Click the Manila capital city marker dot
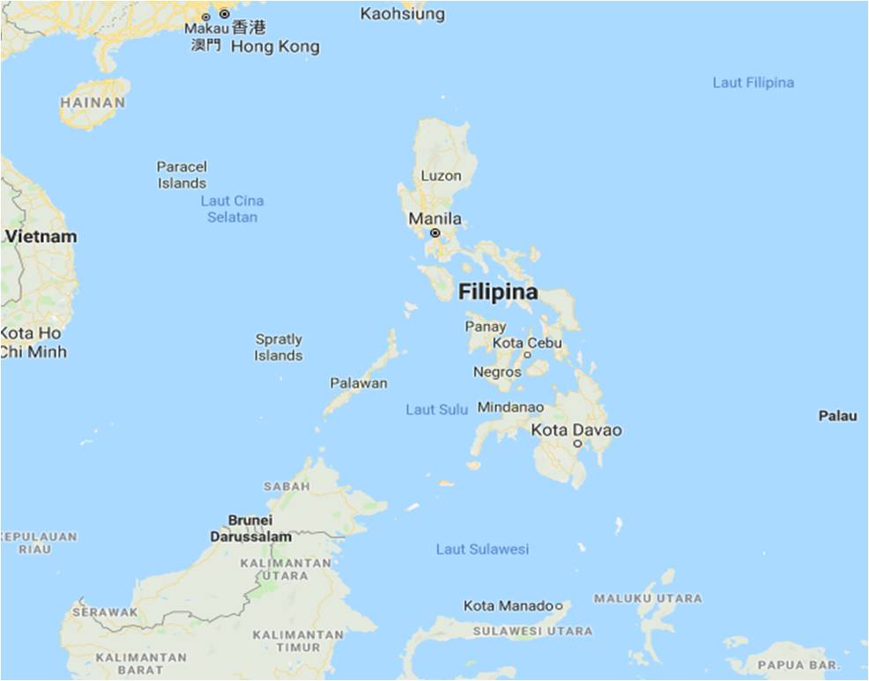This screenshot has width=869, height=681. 434,233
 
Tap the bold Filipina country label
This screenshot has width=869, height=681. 498,292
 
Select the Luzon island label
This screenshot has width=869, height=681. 441,175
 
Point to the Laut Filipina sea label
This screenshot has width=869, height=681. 753,83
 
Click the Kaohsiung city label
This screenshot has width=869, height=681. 403,14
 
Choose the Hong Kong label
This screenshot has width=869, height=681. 275,47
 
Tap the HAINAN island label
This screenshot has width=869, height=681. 93,102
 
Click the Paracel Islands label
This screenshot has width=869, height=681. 182,174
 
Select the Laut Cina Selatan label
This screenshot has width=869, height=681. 233,209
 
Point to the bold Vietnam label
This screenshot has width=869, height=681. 41,236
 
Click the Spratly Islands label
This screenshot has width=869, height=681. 279,347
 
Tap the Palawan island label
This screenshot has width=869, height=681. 359,383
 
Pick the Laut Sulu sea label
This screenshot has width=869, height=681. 436,410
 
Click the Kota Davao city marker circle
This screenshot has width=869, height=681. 577,444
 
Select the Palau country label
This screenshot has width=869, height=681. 837,416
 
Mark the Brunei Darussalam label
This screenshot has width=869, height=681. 250,528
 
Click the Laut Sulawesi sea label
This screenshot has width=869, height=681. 482,549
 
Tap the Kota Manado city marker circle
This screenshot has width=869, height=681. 559,606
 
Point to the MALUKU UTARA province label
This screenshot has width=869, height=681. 648,599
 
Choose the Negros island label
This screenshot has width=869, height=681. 497,373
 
